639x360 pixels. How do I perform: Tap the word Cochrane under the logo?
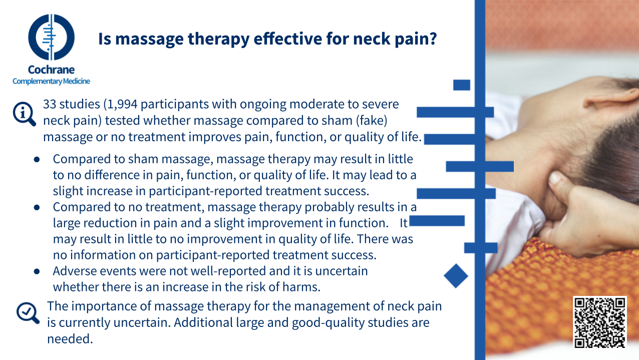(x=52, y=70)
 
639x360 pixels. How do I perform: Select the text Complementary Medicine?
(x=52, y=81)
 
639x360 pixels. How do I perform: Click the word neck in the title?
(x=371, y=39)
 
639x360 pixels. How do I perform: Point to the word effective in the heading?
(x=288, y=39)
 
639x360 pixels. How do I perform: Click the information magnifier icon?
(x=24, y=114)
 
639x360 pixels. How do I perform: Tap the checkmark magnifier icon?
(x=28, y=313)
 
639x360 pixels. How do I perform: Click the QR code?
(x=599, y=322)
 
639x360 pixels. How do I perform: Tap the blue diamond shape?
(x=456, y=276)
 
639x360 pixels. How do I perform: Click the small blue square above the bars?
(x=462, y=85)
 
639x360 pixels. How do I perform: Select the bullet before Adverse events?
(x=37, y=271)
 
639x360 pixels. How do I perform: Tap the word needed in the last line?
(x=70, y=339)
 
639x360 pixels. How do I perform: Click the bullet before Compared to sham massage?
(x=37, y=159)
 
